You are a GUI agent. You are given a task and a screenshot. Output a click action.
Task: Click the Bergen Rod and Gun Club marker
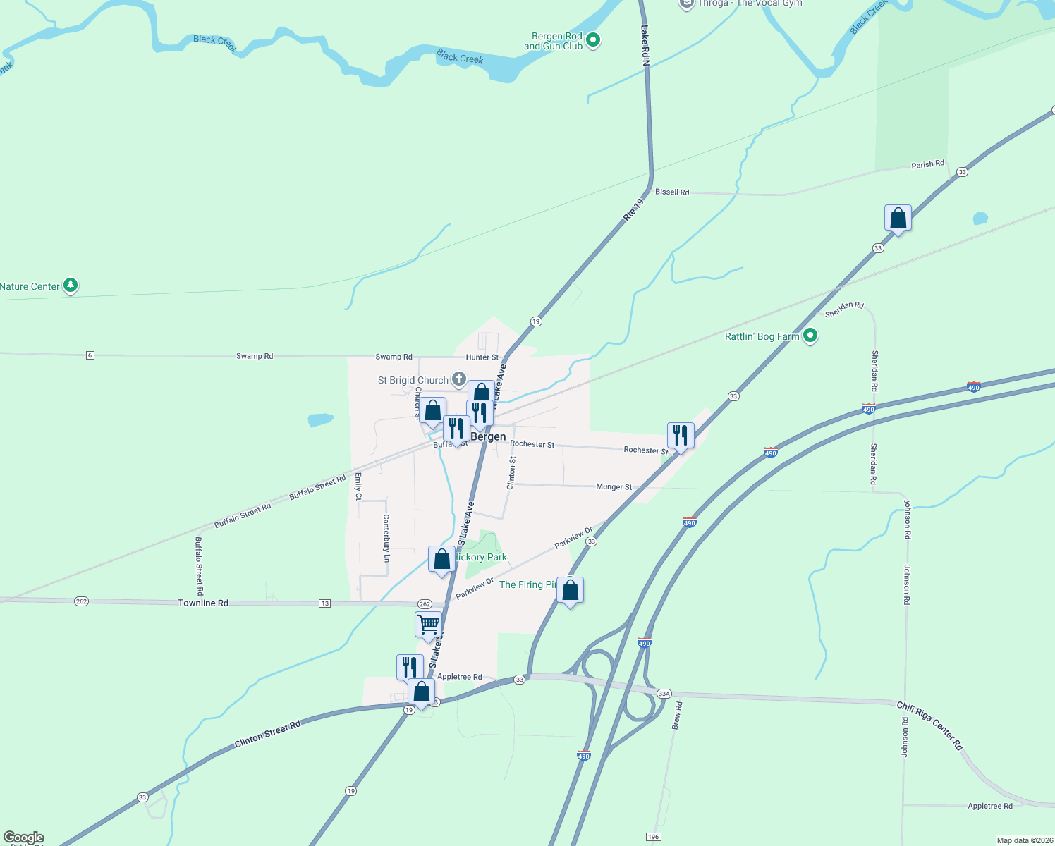(593, 40)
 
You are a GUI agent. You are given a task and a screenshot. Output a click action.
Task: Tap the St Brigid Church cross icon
(458, 380)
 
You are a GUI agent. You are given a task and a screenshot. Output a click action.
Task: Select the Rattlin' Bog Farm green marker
(810, 336)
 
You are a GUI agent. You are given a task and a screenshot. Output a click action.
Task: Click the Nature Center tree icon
(70, 286)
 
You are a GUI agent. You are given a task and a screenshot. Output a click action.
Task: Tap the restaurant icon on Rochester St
(681, 436)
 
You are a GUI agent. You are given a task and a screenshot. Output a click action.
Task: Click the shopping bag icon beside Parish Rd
(898, 218)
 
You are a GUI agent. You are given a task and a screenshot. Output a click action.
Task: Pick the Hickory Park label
(481, 557)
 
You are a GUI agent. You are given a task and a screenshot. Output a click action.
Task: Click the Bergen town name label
(488, 436)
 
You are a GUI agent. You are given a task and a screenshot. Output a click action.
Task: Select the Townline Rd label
(203, 603)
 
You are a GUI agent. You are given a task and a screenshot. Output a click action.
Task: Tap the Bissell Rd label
(672, 192)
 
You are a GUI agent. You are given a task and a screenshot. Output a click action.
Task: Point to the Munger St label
(614, 486)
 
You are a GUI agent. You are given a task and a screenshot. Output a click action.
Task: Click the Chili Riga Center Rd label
(929, 725)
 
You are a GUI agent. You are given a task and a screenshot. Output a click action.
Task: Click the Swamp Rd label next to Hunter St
(394, 357)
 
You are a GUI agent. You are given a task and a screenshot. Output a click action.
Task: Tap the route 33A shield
(664, 694)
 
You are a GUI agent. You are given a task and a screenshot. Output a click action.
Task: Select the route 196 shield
(653, 836)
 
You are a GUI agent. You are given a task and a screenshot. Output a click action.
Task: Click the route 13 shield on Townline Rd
(324, 603)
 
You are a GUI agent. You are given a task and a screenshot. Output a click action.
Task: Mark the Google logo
(24, 838)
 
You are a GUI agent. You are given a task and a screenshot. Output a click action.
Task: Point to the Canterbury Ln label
(386, 538)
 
